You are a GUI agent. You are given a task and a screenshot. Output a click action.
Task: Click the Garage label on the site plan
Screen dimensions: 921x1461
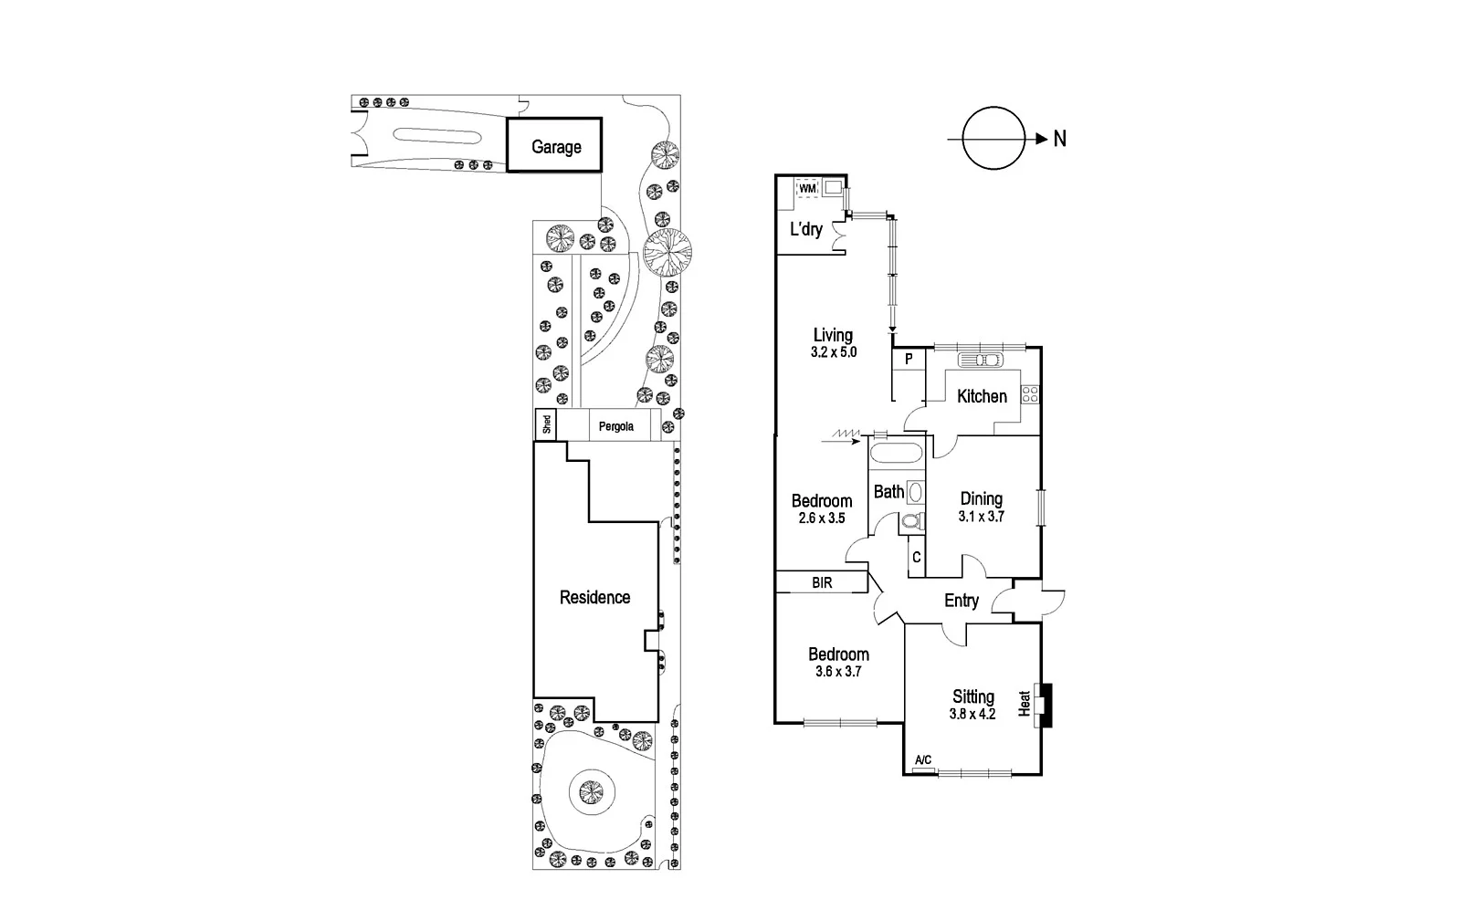(555, 147)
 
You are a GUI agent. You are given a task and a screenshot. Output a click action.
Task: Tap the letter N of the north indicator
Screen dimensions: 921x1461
(1060, 139)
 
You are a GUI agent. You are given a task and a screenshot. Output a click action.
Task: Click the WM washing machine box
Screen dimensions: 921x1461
(807, 189)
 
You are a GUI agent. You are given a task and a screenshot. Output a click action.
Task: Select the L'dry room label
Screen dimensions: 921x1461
(805, 229)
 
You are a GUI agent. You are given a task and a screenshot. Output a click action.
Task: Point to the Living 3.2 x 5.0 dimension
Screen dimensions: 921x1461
(834, 352)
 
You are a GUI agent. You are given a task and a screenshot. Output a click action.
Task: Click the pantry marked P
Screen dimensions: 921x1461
(909, 360)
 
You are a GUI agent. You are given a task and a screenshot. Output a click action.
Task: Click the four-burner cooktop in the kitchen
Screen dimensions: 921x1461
(1030, 394)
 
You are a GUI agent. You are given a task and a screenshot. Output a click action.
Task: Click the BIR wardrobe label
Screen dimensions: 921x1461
(822, 582)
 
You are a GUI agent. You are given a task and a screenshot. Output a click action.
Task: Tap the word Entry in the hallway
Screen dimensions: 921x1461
(961, 601)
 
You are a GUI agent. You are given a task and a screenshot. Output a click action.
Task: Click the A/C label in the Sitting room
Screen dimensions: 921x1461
(923, 760)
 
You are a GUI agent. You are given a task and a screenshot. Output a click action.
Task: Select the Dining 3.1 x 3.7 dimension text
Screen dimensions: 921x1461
(981, 517)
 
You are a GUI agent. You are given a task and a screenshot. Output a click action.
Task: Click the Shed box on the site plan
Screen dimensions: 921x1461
(545, 424)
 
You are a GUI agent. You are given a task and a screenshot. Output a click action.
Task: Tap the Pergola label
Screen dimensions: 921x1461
(615, 426)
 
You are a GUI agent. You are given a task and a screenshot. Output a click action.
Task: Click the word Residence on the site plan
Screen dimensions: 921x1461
(594, 597)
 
